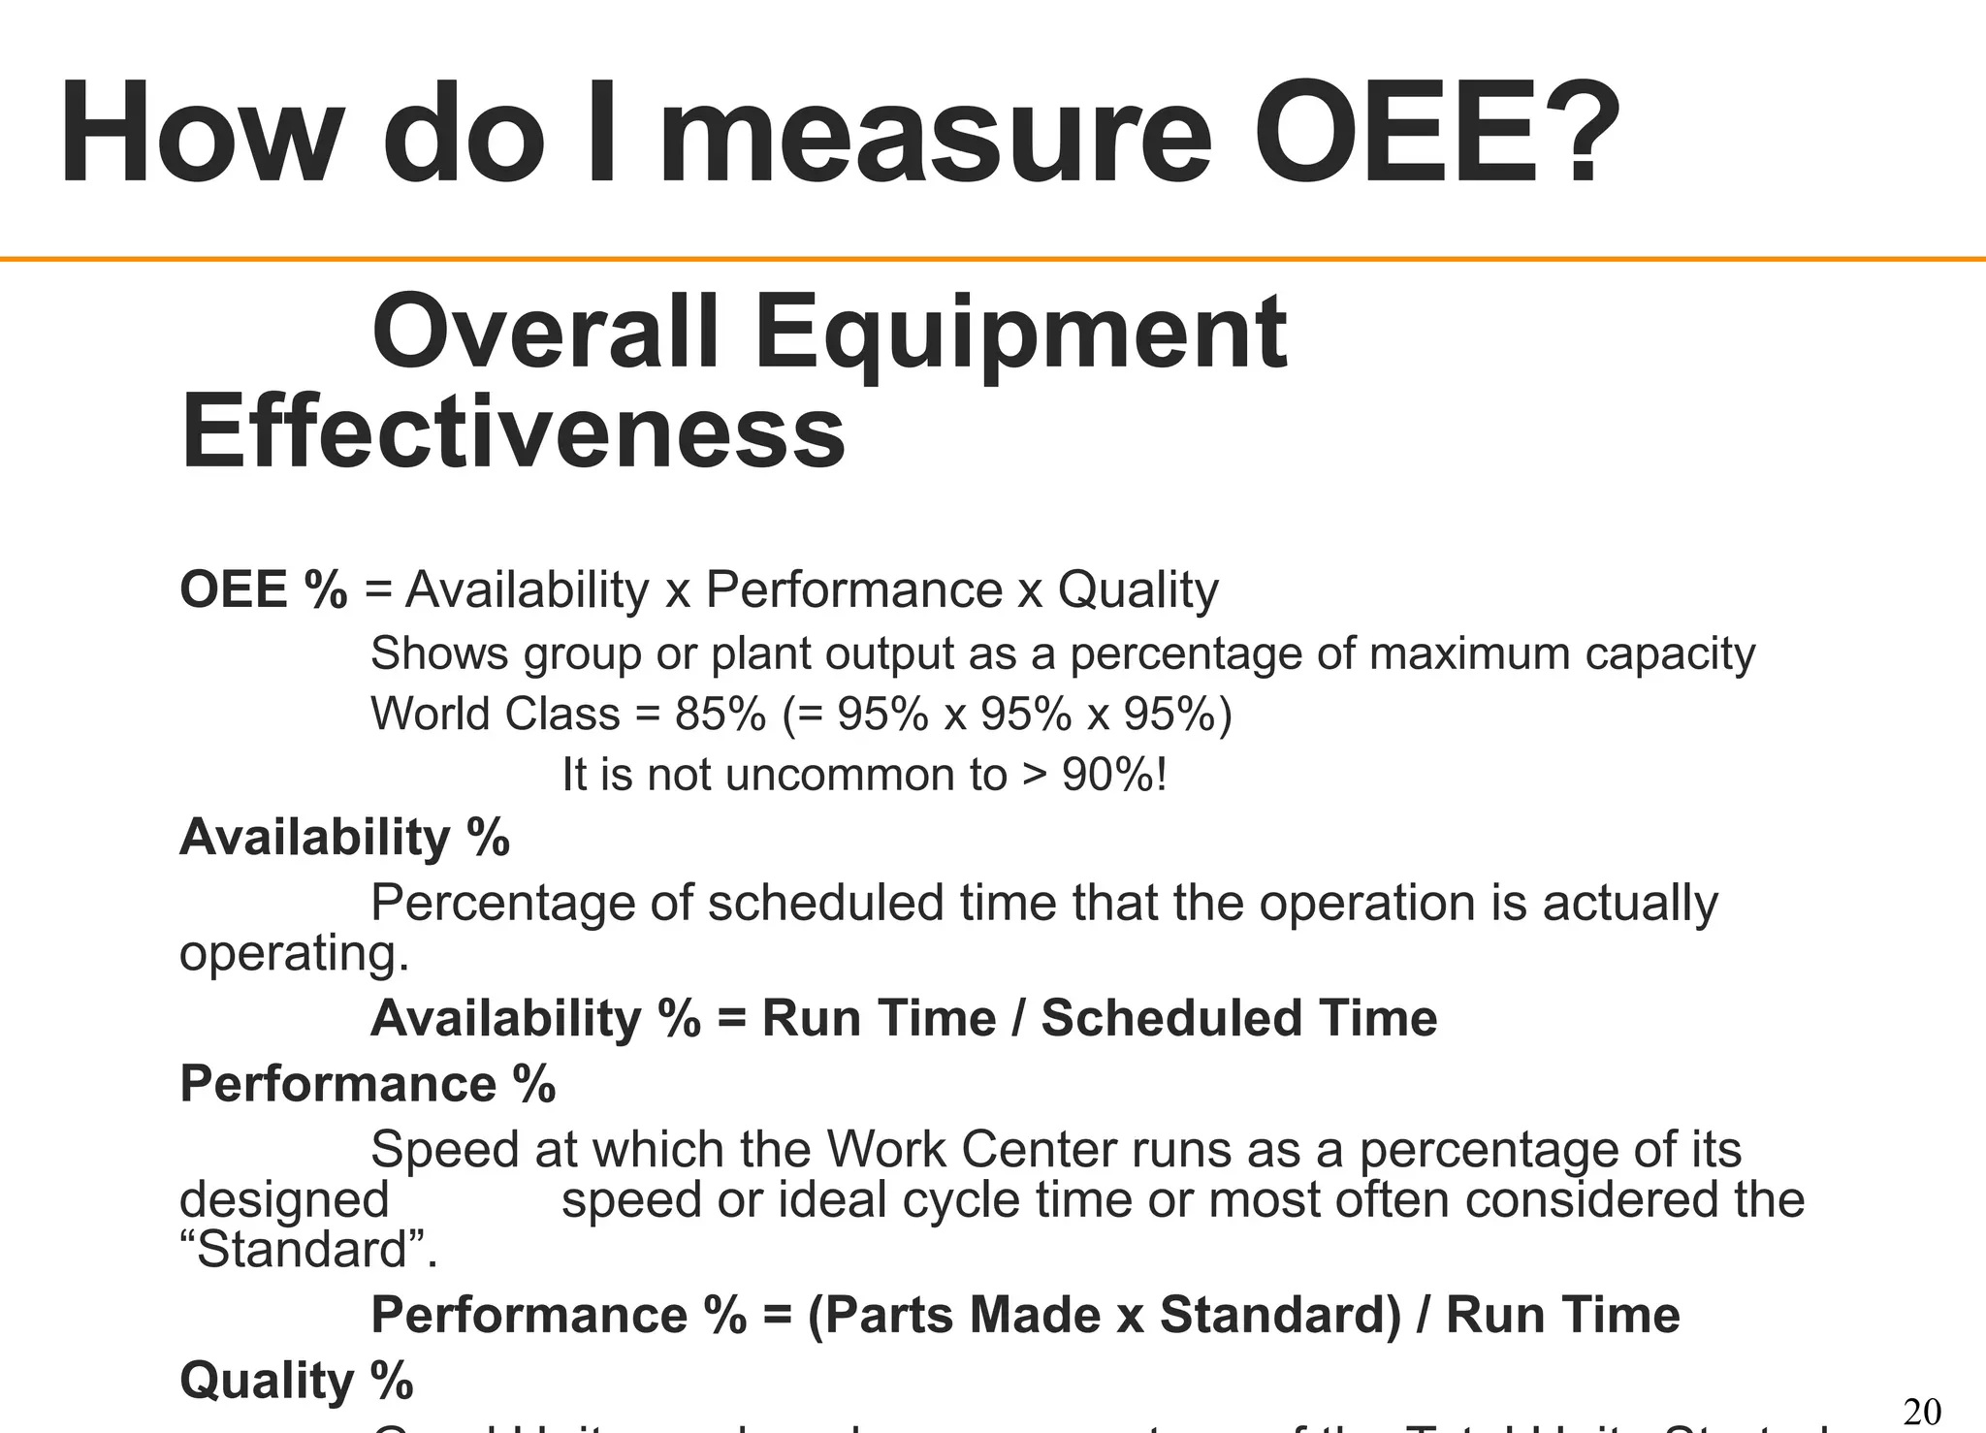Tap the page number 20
1922,1412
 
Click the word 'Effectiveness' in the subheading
513,431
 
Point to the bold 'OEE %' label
263,589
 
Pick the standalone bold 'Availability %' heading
344,837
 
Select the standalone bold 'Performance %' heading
368,1083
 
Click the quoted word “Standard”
308,1250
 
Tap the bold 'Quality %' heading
297,1381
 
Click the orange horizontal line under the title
993,259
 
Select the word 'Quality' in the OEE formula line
1137,589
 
